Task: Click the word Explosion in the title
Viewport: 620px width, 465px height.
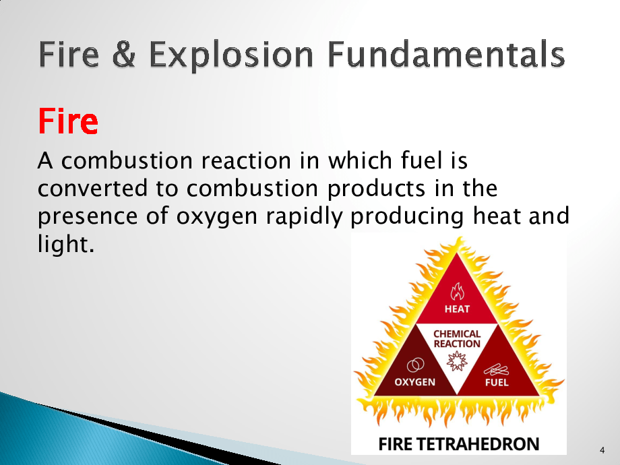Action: [232, 55]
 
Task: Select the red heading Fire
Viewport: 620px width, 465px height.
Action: [68, 121]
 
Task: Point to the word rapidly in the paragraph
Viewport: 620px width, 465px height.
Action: [304, 217]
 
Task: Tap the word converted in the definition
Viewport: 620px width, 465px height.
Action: [92, 188]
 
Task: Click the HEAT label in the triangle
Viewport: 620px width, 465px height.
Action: [457, 309]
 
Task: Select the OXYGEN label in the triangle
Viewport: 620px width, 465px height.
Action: [414, 382]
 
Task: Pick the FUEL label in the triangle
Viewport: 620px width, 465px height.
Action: [497, 382]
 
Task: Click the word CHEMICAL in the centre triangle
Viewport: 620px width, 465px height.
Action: [457, 334]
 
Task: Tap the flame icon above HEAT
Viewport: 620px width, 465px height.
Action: [458, 292]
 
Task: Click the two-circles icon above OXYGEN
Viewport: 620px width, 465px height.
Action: [416, 365]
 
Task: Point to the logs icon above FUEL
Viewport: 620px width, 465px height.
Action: [496, 370]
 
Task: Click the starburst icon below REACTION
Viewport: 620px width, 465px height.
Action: [457, 361]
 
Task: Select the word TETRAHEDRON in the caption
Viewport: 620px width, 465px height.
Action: [478, 444]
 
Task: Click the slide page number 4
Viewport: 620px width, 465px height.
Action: [602, 450]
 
